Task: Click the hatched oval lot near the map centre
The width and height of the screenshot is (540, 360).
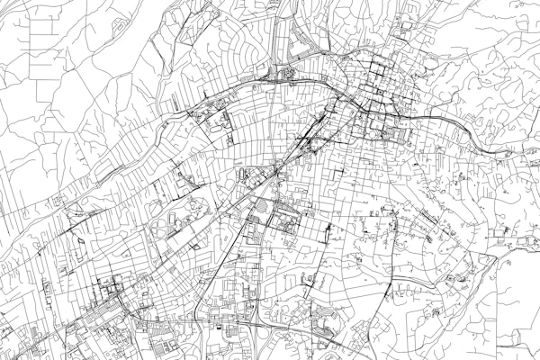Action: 259,209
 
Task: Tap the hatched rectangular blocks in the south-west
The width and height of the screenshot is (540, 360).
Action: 166,342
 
